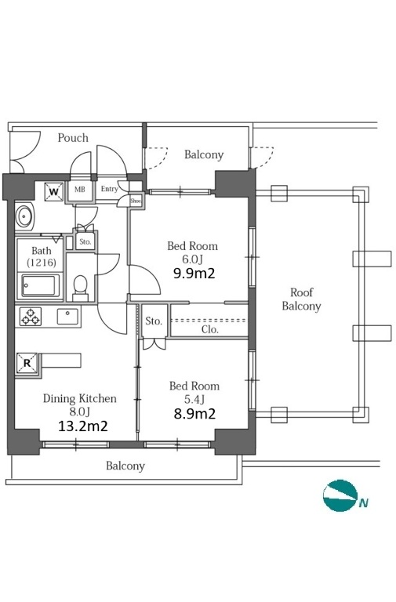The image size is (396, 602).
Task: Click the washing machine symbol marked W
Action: tap(54, 191)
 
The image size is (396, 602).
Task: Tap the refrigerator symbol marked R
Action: tap(27, 363)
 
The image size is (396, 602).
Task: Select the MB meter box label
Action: tap(80, 189)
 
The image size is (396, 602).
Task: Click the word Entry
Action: tap(110, 189)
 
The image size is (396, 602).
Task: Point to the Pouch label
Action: tap(73, 138)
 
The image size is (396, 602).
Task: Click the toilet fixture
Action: tap(80, 288)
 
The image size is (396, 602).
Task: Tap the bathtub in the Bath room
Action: tap(40, 286)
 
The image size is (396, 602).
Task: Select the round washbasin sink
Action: tap(25, 216)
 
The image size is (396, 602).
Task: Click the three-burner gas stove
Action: tap(31, 317)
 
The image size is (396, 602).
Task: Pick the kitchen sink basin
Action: tap(67, 317)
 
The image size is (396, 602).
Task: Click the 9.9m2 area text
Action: tap(194, 274)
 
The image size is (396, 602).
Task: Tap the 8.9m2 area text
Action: tap(194, 414)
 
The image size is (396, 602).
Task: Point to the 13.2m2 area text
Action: tap(82, 426)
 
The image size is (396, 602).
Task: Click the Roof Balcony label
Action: tap(302, 299)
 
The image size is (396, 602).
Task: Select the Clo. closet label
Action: tap(210, 329)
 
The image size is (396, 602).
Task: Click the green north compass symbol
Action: tap(340, 495)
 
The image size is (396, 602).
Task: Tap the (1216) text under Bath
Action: tap(42, 263)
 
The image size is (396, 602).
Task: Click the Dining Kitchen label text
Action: tap(79, 398)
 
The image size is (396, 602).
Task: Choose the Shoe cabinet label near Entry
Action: tap(136, 201)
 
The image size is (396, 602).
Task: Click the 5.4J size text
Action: tap(194, 399)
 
